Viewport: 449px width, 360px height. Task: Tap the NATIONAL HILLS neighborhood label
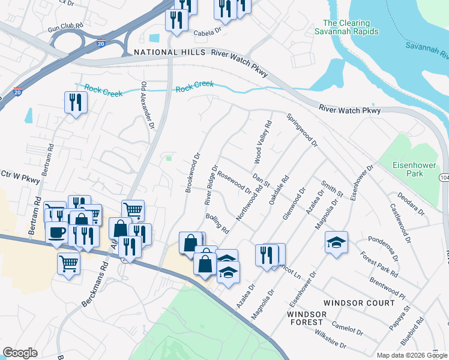coord(165,53)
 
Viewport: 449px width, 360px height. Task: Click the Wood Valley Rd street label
coord(262,141)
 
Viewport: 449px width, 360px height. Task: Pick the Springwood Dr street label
coord(302,130)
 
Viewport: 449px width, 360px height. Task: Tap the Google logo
coord(20,353)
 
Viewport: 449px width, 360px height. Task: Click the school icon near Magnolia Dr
coord(336,242)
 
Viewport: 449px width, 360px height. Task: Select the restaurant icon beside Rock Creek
coord(76,102)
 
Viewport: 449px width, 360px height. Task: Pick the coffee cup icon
coord(56,232)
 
